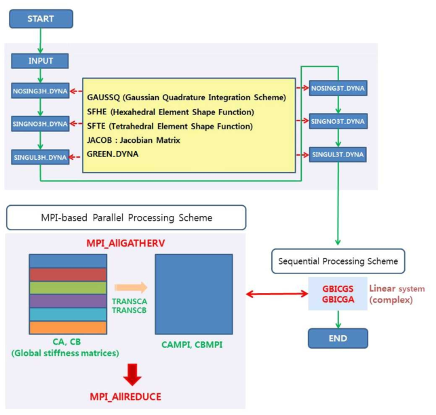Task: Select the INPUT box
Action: click(x=40, y=61)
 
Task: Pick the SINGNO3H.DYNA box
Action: click(x=40, y=124)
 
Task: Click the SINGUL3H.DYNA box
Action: click(x=40, y=157)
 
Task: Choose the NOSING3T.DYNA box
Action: click(x=337, y=88)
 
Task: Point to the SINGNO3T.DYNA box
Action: click(x=337, y=122)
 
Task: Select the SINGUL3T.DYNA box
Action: click(x=337, y=154)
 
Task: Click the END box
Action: click(x=337, y=337)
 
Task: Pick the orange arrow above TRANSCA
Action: click(x=129, y=287)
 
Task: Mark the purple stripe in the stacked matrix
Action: click(x=68, y=300)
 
